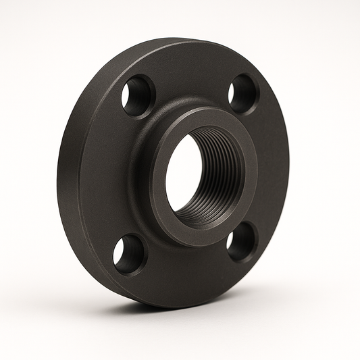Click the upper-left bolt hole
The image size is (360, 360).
point(138,96)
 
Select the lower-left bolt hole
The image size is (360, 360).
point(129,254)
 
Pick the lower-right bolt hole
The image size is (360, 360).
point(240,242)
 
